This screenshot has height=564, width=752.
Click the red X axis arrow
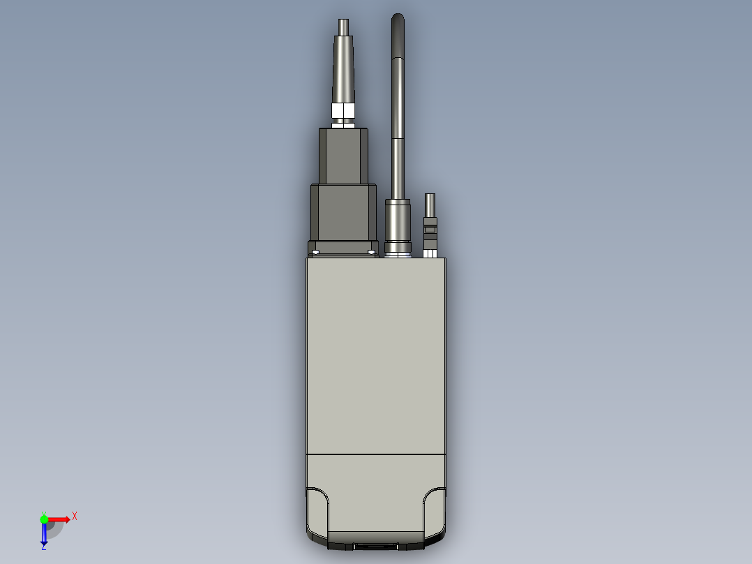point(59,519)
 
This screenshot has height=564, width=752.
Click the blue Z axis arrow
point(44,534)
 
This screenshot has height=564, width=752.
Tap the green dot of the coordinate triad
point(44,519)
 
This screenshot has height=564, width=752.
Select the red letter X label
point(75,517)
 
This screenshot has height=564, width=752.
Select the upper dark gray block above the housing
point(343,155)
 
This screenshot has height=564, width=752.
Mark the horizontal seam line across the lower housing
point(375,454)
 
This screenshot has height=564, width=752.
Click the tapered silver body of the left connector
point(343,70)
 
